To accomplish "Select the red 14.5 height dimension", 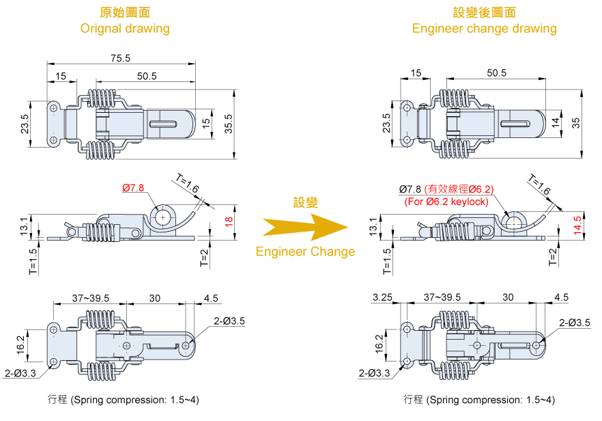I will (577, 224).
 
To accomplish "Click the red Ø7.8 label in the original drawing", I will (134, 187).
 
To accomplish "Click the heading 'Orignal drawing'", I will (125, 29).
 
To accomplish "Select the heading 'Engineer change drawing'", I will (484, 29).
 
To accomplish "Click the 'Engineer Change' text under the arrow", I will (305, 252).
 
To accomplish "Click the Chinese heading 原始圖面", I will (125, 12).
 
